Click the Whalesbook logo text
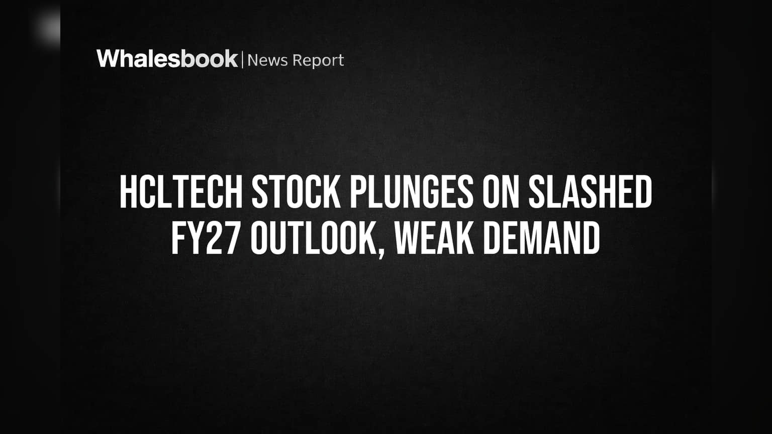167,59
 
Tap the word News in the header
267,60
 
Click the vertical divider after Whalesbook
243,60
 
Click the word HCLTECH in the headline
181,192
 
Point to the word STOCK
296,192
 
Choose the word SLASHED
590,192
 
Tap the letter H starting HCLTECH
128,192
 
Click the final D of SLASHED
643,192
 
